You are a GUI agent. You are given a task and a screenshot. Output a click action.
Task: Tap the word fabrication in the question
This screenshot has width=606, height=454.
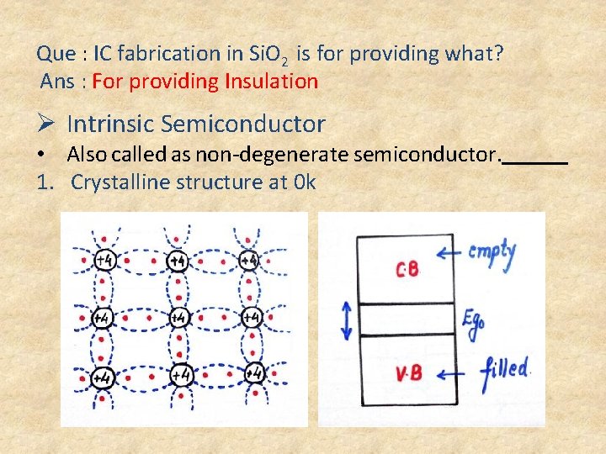[x=167, y=54]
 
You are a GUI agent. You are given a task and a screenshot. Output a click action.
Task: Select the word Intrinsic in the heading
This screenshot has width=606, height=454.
[x=110, y=124]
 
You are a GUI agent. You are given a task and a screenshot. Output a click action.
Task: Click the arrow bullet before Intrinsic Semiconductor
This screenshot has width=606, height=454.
[x=46, y=124]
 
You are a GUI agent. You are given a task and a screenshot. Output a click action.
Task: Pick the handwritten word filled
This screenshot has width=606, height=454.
[x=505, y=369]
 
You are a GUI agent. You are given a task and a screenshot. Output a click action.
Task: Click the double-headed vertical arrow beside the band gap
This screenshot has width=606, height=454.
[x=345, y=320]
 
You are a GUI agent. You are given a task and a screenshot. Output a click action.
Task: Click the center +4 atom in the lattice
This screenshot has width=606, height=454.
[x=178, y=318]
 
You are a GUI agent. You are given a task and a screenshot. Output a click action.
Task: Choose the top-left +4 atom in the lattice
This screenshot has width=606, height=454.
[x=104, y=261]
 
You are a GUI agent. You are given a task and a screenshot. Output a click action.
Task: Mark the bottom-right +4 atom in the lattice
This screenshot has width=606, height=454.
[x=252, y=373]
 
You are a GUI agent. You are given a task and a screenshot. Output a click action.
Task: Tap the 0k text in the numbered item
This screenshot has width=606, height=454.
[x=304, y=182]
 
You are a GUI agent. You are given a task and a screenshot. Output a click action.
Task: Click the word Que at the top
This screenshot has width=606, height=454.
[x=56, y=54]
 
